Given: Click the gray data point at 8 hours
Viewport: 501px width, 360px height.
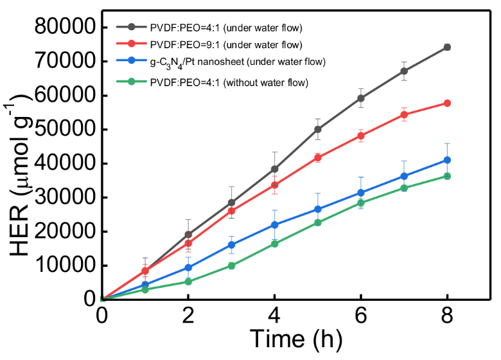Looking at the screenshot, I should pyautogui.click(x=447, y=47).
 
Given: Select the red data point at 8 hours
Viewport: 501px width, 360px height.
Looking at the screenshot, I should pyautogui.click(x=447, y=103).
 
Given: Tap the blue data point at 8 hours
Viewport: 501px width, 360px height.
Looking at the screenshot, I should pyautogui.click(x=447, y=160).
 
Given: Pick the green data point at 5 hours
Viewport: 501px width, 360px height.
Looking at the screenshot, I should pyautogui.click(x=317, y=222).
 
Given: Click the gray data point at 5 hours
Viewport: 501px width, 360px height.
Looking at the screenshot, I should pyautogui.click(x=317, y=129).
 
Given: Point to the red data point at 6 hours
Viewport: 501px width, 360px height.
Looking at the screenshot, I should pyautogui.click(x=361, y=136).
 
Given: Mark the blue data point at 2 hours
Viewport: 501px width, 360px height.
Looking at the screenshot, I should pyautogui.click(x=188, y=267).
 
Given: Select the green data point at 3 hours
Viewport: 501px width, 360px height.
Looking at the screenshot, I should pyautogui.click(x=231, y=265).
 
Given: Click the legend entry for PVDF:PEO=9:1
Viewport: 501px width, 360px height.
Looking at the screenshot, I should pyautogui.click(x=225, y=44).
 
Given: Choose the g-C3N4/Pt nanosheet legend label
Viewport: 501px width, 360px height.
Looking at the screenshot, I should pyautogui.click(x=238, y=62).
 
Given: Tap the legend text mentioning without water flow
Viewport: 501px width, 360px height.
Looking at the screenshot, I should pyautogui.click(x=229, y=82).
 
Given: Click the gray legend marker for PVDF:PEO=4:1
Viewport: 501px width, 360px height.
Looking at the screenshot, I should pyautogui.click(x=132, y=27).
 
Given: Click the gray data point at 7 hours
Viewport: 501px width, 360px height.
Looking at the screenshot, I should pyautogui.click(x=404, y=71).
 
